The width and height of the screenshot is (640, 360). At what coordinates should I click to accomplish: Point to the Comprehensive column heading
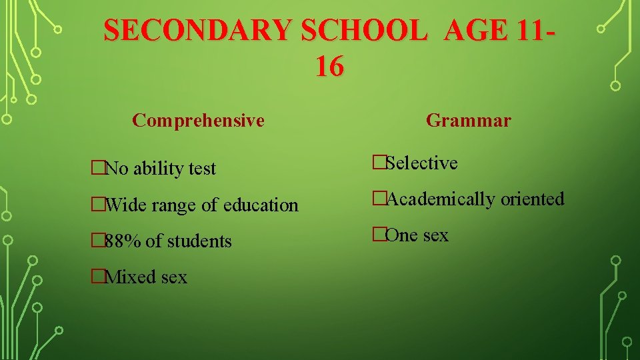[x=198, y=121]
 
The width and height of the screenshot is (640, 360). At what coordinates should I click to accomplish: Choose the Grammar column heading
[x=468, y=121]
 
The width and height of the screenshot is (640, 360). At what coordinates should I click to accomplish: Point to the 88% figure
[x=122, y=241]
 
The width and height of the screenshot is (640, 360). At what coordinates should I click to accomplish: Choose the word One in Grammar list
[x=401, y=235]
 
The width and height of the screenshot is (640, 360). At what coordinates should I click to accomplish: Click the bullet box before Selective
[x=379, y=163]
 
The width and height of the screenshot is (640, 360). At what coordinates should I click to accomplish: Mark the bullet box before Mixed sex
[x=99, y=277]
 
